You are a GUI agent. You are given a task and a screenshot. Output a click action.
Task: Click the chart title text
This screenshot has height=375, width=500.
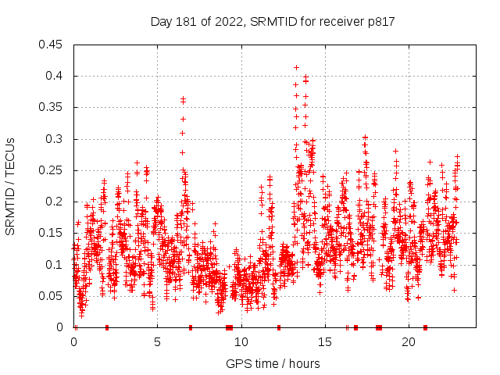[x=273, y=22]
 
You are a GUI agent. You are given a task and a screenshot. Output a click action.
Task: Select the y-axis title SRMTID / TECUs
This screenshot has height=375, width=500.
[x=10, y=186]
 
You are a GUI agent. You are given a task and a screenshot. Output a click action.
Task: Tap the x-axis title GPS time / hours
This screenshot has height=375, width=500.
[x=273, y=364]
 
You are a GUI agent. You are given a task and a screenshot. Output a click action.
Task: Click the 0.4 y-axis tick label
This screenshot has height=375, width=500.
[x=55, y=76]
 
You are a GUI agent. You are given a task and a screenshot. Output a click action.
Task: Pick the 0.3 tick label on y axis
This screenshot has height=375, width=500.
[x=55, y=139]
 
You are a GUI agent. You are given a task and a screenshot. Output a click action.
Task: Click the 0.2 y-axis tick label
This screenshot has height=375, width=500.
[x=55, y=202]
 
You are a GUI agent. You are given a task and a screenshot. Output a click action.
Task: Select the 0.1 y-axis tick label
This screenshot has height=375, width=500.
[x=55, y=265]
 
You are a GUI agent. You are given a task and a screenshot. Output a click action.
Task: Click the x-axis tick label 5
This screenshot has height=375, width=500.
[x=157, y=342]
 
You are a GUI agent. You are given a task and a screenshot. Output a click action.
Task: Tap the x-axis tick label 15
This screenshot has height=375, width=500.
[x=324, y=342]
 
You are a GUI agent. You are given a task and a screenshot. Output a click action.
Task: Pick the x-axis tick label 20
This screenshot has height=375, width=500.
[x=408, y=342]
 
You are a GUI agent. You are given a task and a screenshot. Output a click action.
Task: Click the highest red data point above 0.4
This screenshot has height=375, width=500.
[x=296, y=67]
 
